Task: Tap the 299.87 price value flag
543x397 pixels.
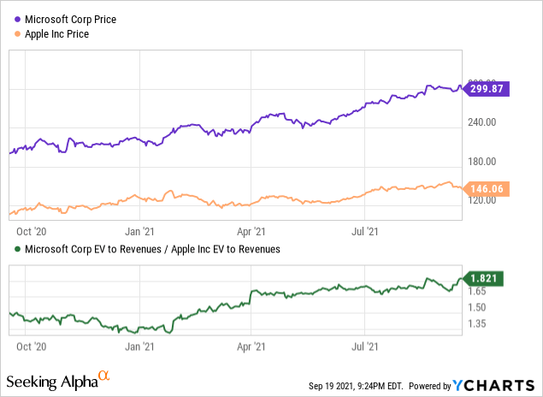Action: (x=487, y=88)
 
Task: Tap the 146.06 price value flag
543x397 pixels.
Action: (x=487, y=187)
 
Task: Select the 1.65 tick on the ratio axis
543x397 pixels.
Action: (x=475, y=292)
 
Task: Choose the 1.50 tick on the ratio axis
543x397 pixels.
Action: (x=475, y=308)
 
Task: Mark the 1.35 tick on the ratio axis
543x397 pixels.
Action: (x=475, y=323)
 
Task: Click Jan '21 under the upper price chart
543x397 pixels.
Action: (x=140, y=230)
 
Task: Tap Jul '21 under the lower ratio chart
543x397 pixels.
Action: (x=365, y=347)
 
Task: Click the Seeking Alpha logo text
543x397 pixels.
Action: (x=51, y=380)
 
